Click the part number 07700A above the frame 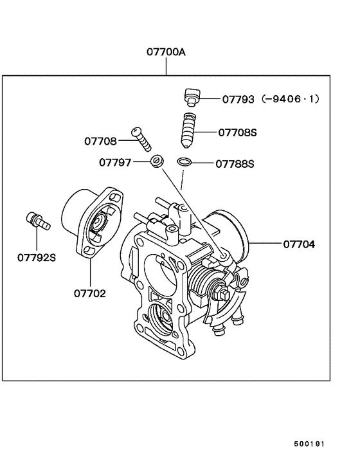[x=166, y=52]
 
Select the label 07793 [x=238, y=99]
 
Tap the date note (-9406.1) [x=290, y=99]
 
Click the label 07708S [x=237, y=132]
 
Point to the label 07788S [x=235, y=164]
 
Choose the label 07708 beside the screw [x=100, y=141]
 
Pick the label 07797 [x=115, y=163]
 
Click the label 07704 [x=299, y=244]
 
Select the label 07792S [x=37, y=257]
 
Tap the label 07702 [x=90, y=293]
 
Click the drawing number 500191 [x=309, y=444]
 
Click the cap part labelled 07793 [x=192, y=97]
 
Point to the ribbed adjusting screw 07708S [x=189, y=131]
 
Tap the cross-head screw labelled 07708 [x=141, y=140]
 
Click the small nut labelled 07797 [x=157, y=161]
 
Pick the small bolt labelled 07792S [x=38, y=221]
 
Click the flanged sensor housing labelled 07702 [x=92, y=222]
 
